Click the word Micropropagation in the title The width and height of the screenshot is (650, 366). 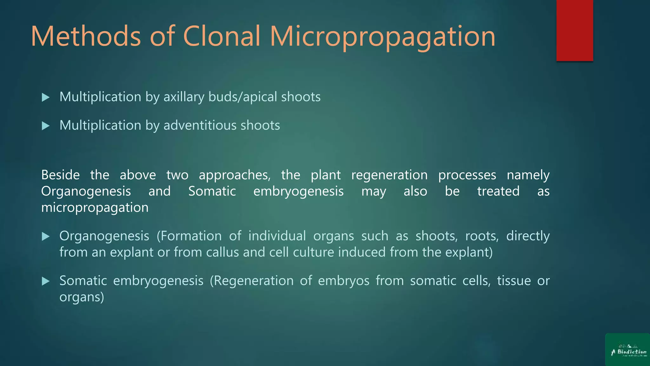382,37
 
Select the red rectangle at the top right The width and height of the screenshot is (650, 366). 574,30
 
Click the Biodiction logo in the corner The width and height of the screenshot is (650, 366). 628,350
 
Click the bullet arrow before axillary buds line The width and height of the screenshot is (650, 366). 46,97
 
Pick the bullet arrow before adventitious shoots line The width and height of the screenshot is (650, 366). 46,126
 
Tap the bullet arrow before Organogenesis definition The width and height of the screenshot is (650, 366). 46,236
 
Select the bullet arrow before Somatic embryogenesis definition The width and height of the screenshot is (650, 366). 46,281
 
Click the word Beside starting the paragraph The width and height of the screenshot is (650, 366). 60,175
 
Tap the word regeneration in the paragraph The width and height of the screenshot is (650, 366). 389,175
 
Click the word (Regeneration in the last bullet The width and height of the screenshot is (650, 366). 252,281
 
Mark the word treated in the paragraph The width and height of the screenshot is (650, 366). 498,191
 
